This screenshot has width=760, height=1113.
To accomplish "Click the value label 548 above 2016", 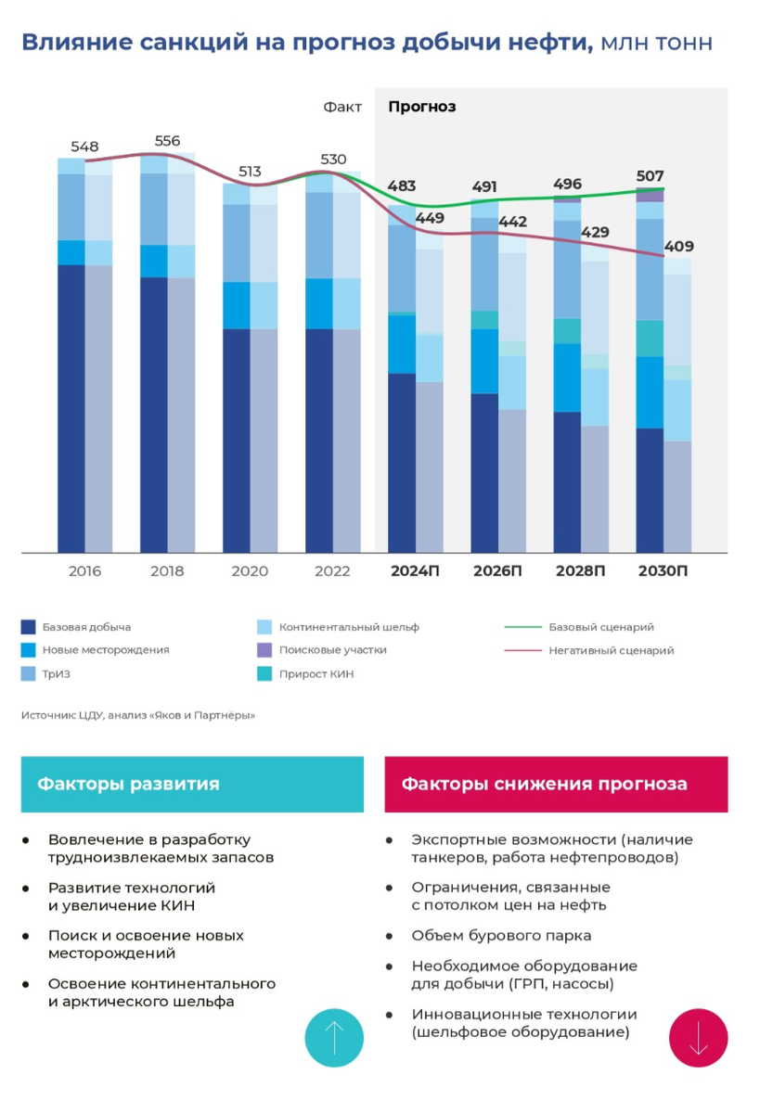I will click(84, 147).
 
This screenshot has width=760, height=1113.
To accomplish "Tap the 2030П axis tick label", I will click(663, 571).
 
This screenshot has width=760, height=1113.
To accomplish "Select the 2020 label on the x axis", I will click(249, 571).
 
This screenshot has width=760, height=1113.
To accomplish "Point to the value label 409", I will click(678, 248).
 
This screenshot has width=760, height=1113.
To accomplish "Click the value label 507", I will click(651, 176).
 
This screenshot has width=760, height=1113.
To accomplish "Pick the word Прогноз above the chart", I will click(421, 107).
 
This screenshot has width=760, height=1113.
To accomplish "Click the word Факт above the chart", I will click(342, 107).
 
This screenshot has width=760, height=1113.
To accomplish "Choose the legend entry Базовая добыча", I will click(86, 627).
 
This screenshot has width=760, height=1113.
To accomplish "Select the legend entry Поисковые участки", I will click(332, 650).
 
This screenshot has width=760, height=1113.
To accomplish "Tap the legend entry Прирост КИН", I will click(316, 674).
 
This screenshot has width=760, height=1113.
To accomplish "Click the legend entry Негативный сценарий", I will click(611, 651).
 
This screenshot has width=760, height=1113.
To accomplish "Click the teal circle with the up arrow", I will click(334, 1038).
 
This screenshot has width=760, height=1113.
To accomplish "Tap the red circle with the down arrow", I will click(698, 1038).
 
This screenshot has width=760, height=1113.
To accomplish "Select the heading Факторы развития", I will click(128, 785).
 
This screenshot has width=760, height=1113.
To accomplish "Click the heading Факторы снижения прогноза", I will click(544, 785).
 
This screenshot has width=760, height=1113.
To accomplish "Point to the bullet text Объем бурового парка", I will click(501, 936).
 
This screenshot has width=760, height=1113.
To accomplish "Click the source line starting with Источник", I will click(137, 715).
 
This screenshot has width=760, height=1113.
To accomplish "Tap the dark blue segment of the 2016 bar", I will click(71, 408).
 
